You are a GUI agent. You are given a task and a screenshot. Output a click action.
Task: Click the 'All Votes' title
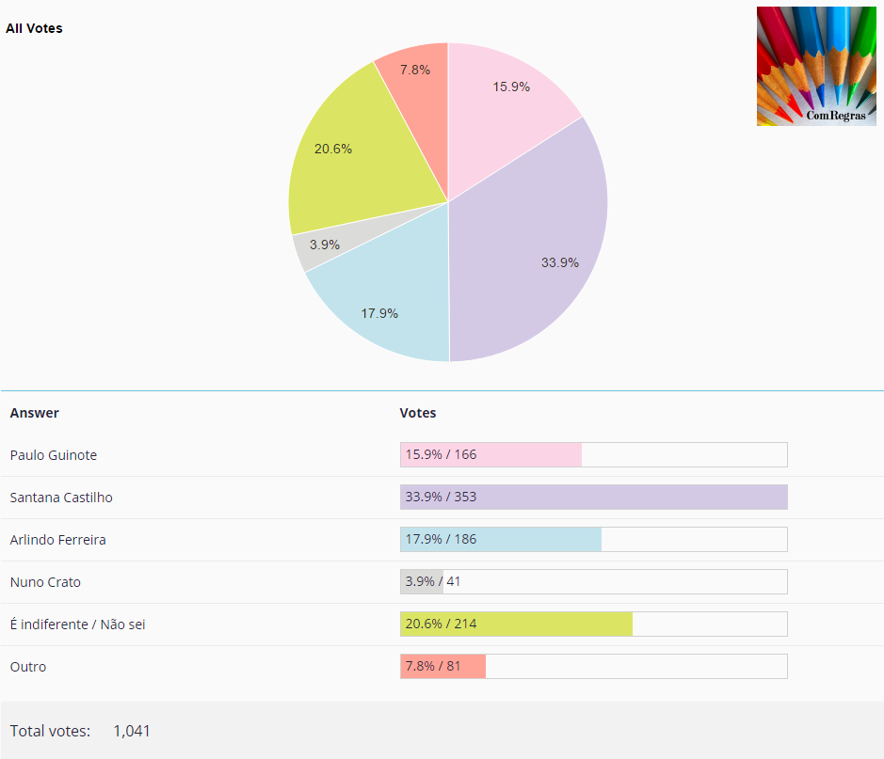[34, 28]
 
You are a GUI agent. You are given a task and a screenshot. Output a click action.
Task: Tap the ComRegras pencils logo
[816, 66]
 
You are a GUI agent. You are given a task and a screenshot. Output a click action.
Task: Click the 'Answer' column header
[34, 413]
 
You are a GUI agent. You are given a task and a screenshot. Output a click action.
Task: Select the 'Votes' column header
[418, 413]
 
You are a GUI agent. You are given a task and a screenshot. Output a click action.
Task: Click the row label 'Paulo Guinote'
[54, 455]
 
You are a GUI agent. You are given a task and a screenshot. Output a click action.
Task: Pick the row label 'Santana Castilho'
[61, 498]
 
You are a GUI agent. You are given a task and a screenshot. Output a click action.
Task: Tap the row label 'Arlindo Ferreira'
[57, 540]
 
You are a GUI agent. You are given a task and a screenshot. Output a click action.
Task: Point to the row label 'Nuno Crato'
[45, 582]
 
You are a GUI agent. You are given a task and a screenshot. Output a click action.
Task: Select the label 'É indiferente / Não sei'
[77, 625]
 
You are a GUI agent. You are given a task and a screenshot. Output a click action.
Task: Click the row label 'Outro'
[28, 667]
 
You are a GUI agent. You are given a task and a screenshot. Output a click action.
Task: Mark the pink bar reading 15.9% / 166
[490, 455]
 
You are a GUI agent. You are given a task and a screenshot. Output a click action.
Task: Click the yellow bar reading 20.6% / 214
[516, 625]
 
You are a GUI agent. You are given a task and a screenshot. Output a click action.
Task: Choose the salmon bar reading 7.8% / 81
[442, 667]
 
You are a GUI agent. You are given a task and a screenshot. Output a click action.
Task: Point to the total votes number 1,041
[132, 731]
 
